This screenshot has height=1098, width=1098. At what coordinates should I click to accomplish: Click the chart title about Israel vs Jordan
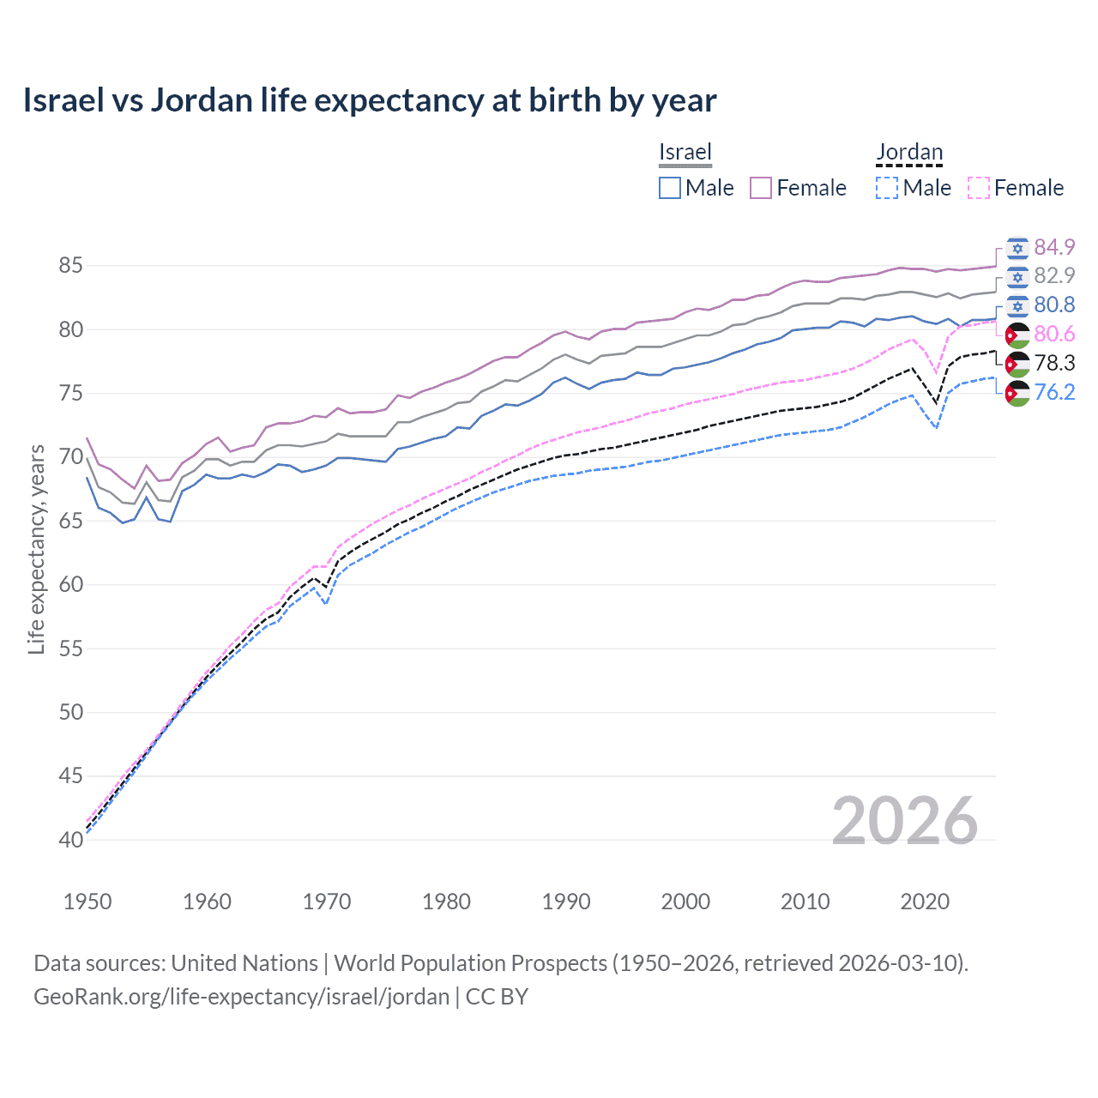369,100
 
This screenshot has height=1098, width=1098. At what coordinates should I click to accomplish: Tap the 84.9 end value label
1054,247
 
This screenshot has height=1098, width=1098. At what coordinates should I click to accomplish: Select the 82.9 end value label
1054,275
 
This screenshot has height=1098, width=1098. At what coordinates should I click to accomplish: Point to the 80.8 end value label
1054,305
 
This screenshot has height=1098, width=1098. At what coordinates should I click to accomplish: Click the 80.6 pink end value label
1054,334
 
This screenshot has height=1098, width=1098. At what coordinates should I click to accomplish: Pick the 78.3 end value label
1054,363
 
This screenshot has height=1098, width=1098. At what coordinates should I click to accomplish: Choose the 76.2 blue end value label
1054,392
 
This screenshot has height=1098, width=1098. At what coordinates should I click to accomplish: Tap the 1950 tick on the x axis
87,902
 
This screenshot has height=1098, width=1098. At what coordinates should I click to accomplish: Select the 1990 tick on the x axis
566,902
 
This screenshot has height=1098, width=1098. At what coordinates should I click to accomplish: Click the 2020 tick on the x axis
925,902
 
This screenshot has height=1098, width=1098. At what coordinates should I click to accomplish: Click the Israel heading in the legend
685,152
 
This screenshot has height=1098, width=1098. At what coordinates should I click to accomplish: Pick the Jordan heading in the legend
909,152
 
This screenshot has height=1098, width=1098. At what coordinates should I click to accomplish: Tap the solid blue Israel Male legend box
670,188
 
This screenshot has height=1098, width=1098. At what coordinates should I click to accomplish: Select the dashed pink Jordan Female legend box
979,188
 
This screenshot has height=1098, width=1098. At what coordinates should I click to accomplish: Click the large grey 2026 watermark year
905,821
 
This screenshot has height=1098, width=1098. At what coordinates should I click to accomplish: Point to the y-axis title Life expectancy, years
36,549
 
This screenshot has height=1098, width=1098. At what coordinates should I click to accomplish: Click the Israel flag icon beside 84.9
1017,248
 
